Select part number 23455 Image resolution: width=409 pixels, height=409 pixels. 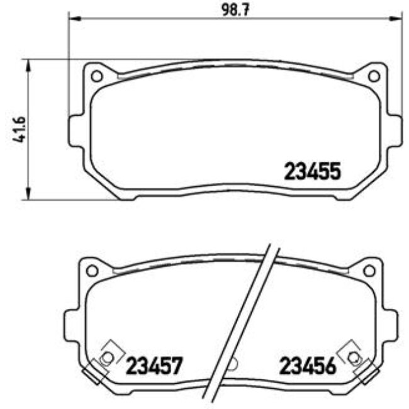pos(312,171)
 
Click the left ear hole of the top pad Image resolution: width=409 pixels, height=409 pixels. pos(96,76)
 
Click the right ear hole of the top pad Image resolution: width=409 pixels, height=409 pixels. pos(373,76)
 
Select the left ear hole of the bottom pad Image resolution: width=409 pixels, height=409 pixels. pos(91,270)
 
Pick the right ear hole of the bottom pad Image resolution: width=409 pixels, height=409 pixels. pos(369,270)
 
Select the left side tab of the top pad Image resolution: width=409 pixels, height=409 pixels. pos(75,132)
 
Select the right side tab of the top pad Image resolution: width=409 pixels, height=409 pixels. pos(395,132)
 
